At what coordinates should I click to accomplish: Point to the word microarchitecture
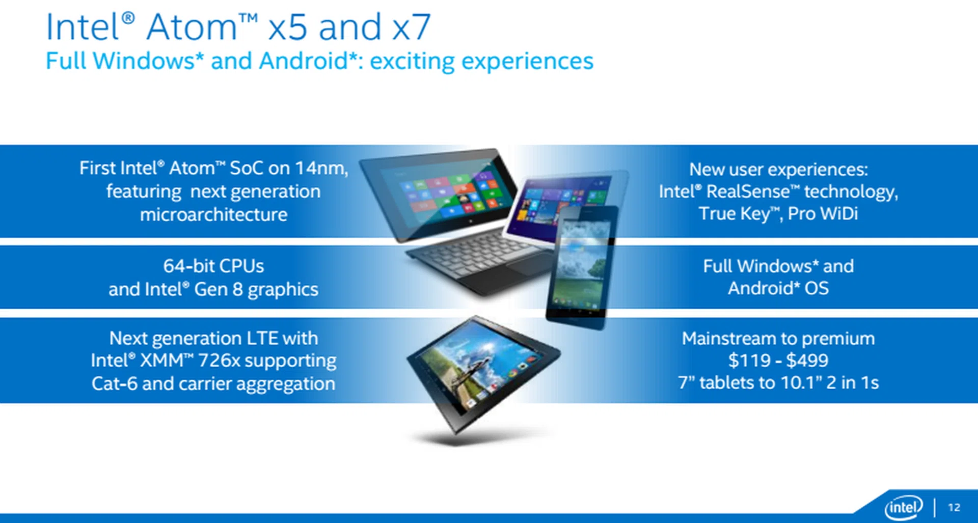click(213, 214)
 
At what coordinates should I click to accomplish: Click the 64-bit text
click(185, 266)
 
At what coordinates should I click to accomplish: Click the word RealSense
click(748, 191)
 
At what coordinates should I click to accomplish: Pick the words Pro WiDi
click(823, 213)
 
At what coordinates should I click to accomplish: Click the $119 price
click(749, 361)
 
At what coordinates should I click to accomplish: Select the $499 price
click(807, 361)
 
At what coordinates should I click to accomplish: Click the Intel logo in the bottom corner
click(903, 507)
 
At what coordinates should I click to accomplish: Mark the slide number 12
click(954, 507)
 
